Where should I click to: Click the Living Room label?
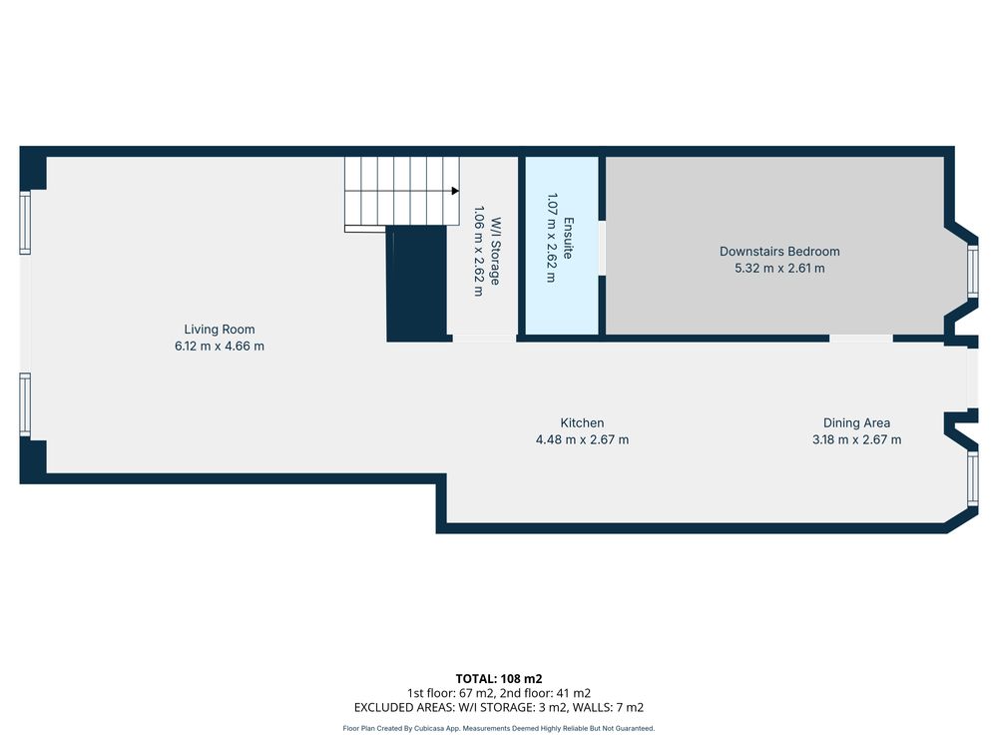point(219,330)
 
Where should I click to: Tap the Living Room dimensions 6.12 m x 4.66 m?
point(219,346)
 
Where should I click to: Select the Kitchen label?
point(582,422)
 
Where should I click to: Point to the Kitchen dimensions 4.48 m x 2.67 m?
point(582,439)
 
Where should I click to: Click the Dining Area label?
point(856,422)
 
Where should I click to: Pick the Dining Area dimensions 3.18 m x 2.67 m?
point(856,439)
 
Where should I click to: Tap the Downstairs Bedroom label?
point(779,252)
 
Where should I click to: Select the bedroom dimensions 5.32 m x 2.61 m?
point(779,268)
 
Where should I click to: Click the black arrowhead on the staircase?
point(455,191)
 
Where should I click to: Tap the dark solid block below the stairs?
point(417,284)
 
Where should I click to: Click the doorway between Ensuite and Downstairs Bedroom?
point(602,249)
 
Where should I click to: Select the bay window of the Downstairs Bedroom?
point(972,272)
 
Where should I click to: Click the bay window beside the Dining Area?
point(972,478)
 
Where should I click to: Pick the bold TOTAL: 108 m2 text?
point(498,679)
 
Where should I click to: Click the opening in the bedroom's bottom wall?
point(861,339)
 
